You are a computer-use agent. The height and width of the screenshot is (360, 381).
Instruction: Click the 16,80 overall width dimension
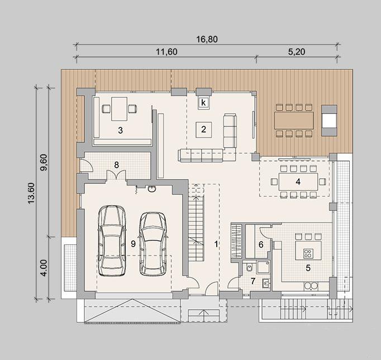point(207,39)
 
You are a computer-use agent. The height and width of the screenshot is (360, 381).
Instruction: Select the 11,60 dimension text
point(166,52)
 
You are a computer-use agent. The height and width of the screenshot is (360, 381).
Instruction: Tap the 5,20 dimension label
point(297,52)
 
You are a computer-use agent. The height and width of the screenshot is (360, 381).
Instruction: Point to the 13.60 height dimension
point(32,193)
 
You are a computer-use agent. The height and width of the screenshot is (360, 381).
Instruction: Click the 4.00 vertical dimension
point(44,268)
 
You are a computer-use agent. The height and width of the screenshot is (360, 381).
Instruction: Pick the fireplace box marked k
point(203,103)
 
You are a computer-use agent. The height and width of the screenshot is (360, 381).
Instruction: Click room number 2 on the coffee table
point(203,129)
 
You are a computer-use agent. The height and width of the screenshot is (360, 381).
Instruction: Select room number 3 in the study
point(120,130)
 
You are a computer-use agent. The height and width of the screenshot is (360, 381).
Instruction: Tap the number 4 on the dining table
point(298,182)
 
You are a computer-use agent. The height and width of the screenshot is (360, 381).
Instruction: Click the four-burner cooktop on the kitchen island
point(308,253)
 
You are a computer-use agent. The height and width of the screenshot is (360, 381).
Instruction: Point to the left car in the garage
point(112,240)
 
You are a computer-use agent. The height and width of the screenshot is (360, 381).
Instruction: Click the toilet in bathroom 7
point(250,268)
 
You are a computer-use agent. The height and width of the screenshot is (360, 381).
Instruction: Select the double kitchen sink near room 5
point(311,286)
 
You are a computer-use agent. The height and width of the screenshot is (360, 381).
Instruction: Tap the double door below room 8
point(116,175)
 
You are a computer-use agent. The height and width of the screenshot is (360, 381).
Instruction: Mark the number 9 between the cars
point(133,244)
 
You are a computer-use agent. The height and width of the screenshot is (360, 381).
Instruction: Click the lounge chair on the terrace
point(329,120)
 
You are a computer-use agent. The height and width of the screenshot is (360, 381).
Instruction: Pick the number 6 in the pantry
point(261,244)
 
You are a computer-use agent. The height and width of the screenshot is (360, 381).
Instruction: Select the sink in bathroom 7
point(266,283)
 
